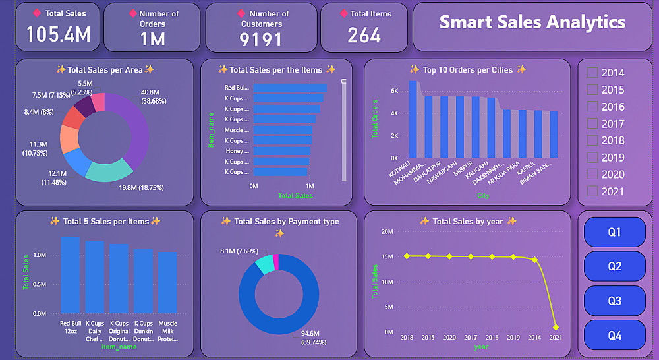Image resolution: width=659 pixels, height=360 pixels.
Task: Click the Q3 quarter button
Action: [614, 301]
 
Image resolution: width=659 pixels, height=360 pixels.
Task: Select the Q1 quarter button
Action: [614, 232]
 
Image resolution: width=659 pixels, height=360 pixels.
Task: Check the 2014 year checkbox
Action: [592, 73]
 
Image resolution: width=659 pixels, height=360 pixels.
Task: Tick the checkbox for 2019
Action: [592, 157]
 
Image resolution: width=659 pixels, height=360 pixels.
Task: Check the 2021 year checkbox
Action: [592, 191]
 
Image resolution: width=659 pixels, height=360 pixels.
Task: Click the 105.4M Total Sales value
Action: [59, 34]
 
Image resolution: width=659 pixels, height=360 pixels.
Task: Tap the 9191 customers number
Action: [261, 40]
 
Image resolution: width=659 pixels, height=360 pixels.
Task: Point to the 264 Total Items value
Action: [364, 35]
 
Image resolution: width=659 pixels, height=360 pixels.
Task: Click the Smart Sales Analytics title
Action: [532, 22]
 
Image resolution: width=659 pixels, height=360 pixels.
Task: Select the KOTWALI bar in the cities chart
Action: [413, 119]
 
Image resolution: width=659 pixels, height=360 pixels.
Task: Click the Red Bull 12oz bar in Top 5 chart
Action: [71, 275]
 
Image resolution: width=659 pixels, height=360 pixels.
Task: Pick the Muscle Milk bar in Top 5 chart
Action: [167, 282]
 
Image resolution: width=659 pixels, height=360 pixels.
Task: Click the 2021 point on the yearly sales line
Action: [556, 327]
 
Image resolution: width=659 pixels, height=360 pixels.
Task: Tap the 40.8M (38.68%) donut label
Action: [154, 96]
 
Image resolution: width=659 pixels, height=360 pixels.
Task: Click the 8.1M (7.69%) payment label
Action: [240, 251]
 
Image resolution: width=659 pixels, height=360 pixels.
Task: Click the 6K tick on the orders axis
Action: [393, 91]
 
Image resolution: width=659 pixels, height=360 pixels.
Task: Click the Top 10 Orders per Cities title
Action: [467, 70]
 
